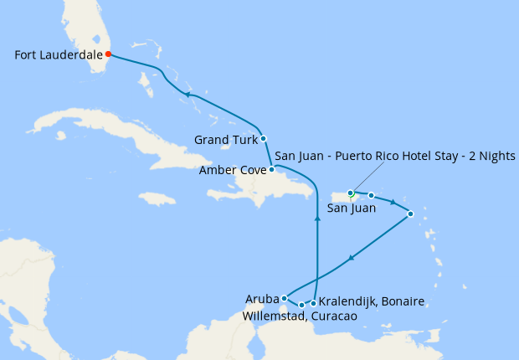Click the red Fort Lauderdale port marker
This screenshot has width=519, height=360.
[108, 54]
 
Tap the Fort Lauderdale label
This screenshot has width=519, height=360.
[58, 55]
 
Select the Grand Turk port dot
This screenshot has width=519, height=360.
[264, 138]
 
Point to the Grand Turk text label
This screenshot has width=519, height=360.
[225, 139]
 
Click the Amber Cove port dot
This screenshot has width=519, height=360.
[271, 169]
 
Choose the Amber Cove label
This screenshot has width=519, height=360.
[233, 170]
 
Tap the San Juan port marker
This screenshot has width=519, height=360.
[351, 193]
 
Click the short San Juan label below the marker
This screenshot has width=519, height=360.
[351, 208]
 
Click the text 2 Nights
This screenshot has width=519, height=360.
[494, 157]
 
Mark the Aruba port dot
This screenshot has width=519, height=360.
[285, 297]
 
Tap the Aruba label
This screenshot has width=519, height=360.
[262, 298]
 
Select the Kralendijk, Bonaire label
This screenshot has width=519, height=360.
[372, 301]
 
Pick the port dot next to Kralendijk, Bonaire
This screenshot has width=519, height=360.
[313, 303]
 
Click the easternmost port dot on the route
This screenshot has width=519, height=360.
[410, 214]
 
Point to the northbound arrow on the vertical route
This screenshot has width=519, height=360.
[317, 219]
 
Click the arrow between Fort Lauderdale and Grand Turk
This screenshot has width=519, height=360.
[188, 95]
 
